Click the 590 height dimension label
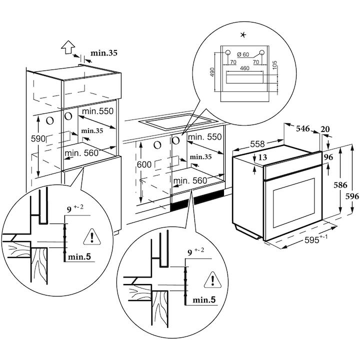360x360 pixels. (x=38, y=138)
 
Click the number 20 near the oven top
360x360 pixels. (x=325, y=129)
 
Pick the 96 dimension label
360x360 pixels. (x=328, y=156)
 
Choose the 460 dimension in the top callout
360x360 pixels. (x=244, y=67)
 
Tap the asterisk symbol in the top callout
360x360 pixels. (x=243, y=34)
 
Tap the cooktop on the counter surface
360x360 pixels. (x=177, y=121)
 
